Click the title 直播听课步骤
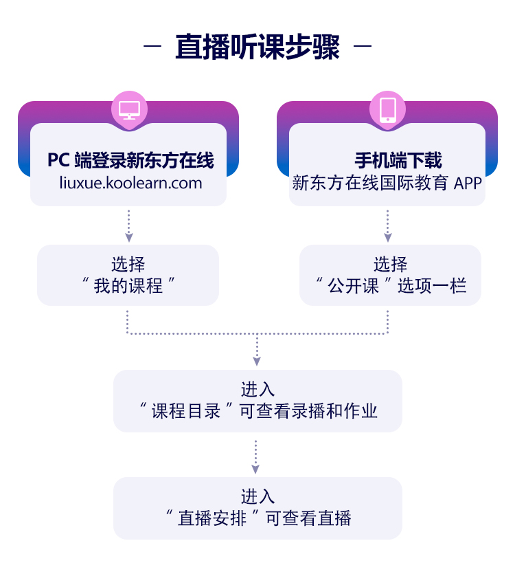(257, 47)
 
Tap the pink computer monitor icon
(129, 109)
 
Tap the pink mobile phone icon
(387, 109)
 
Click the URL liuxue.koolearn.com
(128, 184)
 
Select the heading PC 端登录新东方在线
(130, 161)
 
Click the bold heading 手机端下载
(398, 161)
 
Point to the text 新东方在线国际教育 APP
(387, 184)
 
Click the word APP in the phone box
(468, 184)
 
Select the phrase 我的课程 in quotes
(128, 285)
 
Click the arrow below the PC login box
(128, 237)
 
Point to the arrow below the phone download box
(387, 237)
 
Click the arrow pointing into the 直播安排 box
(255, 469)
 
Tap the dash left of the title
(152, 47)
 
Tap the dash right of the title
(362, 47)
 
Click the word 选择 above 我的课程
(128, 264)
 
